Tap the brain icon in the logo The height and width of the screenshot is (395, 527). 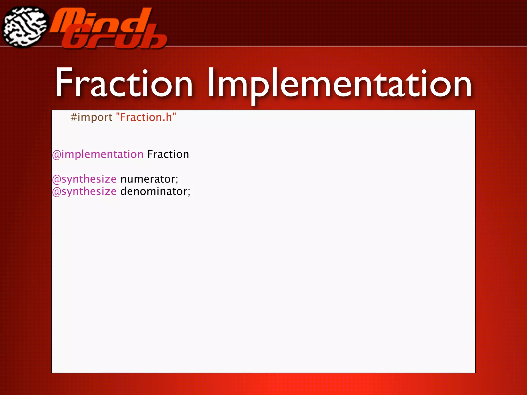point(25,27)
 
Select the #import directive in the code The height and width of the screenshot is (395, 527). point(91,118)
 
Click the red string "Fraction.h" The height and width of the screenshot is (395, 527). point(146,117)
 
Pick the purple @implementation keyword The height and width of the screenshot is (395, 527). point(98,155)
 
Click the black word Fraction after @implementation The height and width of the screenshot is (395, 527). point(168,154)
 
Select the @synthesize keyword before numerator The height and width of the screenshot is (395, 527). point(84,179)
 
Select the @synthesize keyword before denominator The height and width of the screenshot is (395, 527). point(84,191)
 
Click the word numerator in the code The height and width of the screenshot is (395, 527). point(148,179)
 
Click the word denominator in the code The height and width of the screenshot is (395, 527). point(154,191)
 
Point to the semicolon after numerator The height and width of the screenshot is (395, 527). point(177,180)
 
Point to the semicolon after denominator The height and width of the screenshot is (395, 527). point(189,192)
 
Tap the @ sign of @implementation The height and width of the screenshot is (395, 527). point(57,155)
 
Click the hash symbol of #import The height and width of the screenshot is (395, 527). point(74,118)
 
